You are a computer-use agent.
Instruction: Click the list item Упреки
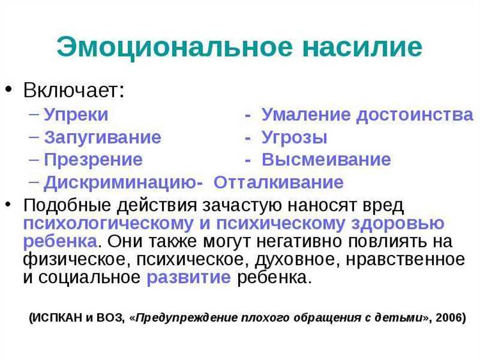(76, 115)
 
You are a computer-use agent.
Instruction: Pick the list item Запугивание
(102, 137)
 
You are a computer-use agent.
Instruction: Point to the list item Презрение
(93, 160)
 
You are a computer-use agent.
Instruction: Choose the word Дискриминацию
(120, 182)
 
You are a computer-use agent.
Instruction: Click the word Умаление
(306, 115)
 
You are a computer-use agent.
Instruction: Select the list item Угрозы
(294, 137)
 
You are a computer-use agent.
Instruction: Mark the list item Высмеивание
(326, 160)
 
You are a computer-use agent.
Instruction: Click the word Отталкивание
(278, 182)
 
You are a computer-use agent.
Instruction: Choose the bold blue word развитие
(189, 277)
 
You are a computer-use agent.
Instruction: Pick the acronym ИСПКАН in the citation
(59, 317)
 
